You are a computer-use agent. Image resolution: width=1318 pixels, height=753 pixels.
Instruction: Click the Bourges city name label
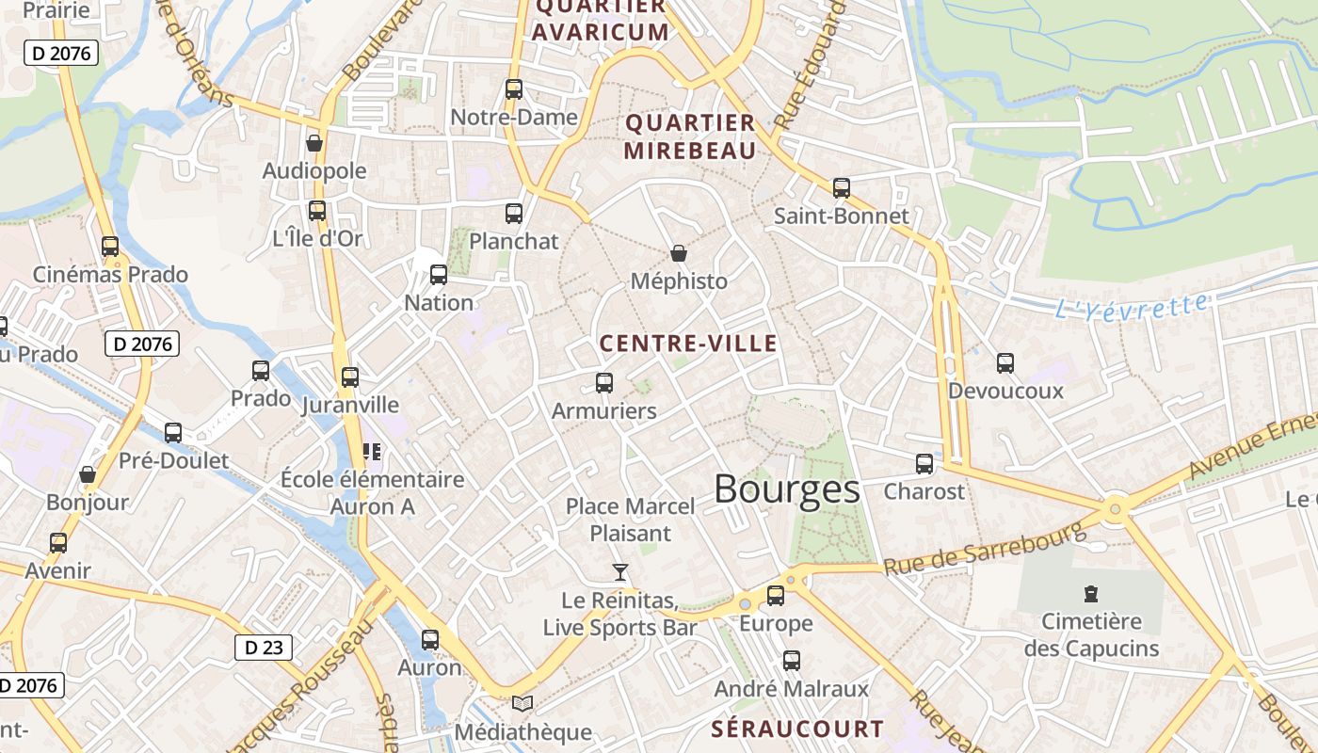(x=786, y=489)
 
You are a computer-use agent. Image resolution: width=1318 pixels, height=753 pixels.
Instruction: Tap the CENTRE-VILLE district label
(x=688, y=344)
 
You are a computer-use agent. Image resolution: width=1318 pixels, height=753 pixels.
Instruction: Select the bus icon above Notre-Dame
(x=514, y=89)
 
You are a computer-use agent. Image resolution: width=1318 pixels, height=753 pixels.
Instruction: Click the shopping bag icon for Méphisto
(x=678, y=253)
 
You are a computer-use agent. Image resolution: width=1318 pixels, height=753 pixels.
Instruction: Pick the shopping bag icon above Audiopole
(x=314, y=143)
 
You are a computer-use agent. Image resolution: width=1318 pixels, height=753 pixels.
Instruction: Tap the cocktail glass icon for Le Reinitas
(x=619, y=571)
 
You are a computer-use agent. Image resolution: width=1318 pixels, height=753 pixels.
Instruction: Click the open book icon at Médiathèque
(x=522, y=703)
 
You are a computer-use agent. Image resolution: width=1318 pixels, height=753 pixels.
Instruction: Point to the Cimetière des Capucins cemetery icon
(x=1090, y=593)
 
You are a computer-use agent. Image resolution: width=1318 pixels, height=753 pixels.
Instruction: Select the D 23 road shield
(x=264, y=648)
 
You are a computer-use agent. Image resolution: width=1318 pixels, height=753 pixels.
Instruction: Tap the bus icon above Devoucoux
(x=1005, y=362)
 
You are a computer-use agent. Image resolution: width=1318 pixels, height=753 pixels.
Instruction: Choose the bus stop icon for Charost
(x=924, y=463)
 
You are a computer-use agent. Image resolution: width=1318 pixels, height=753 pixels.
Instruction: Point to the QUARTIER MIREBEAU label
(x=690, y=136)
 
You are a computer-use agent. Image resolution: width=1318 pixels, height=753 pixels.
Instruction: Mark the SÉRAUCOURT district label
(x=797, y=729)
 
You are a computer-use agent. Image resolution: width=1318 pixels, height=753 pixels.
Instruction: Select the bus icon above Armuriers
(x=604, y=383)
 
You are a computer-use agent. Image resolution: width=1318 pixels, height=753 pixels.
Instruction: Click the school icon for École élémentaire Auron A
(x=372, y=452)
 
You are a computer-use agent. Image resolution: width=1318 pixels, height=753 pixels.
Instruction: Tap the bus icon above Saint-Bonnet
(x=842, y=187)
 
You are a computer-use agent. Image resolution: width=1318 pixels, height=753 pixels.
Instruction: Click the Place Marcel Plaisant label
(x=630, y=520)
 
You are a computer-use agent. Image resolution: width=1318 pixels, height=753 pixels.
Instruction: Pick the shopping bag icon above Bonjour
(x=88, y=474)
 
